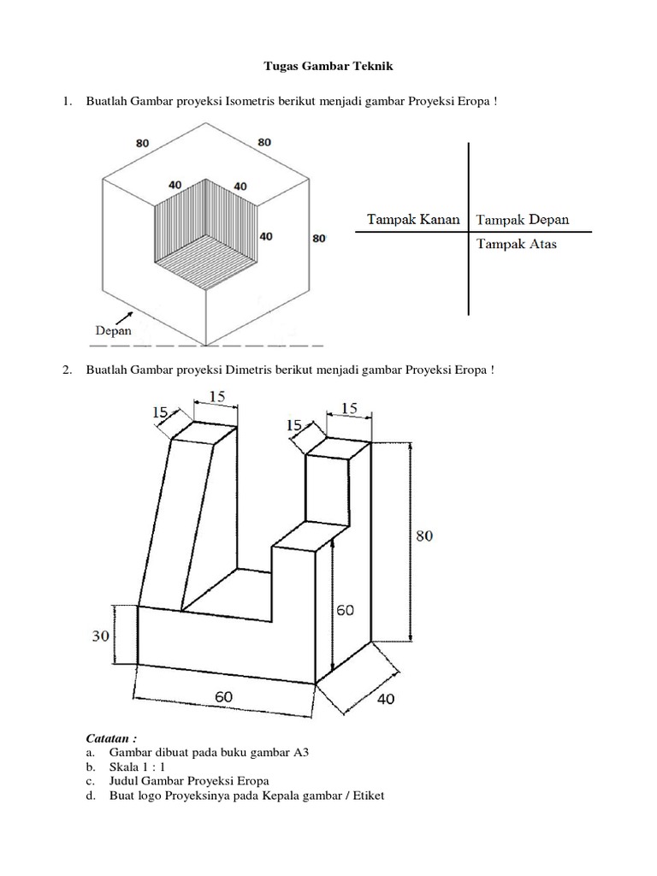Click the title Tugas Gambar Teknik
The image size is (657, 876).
coord(328,66)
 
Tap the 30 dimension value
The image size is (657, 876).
coord(100,636)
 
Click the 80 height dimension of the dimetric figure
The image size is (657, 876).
coord(424,536)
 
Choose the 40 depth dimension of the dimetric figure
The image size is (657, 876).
coord(385,699)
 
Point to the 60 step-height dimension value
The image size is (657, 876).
coord(344,610)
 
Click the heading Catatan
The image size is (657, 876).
coord(111,737)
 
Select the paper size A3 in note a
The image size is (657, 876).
coord(299,753)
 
